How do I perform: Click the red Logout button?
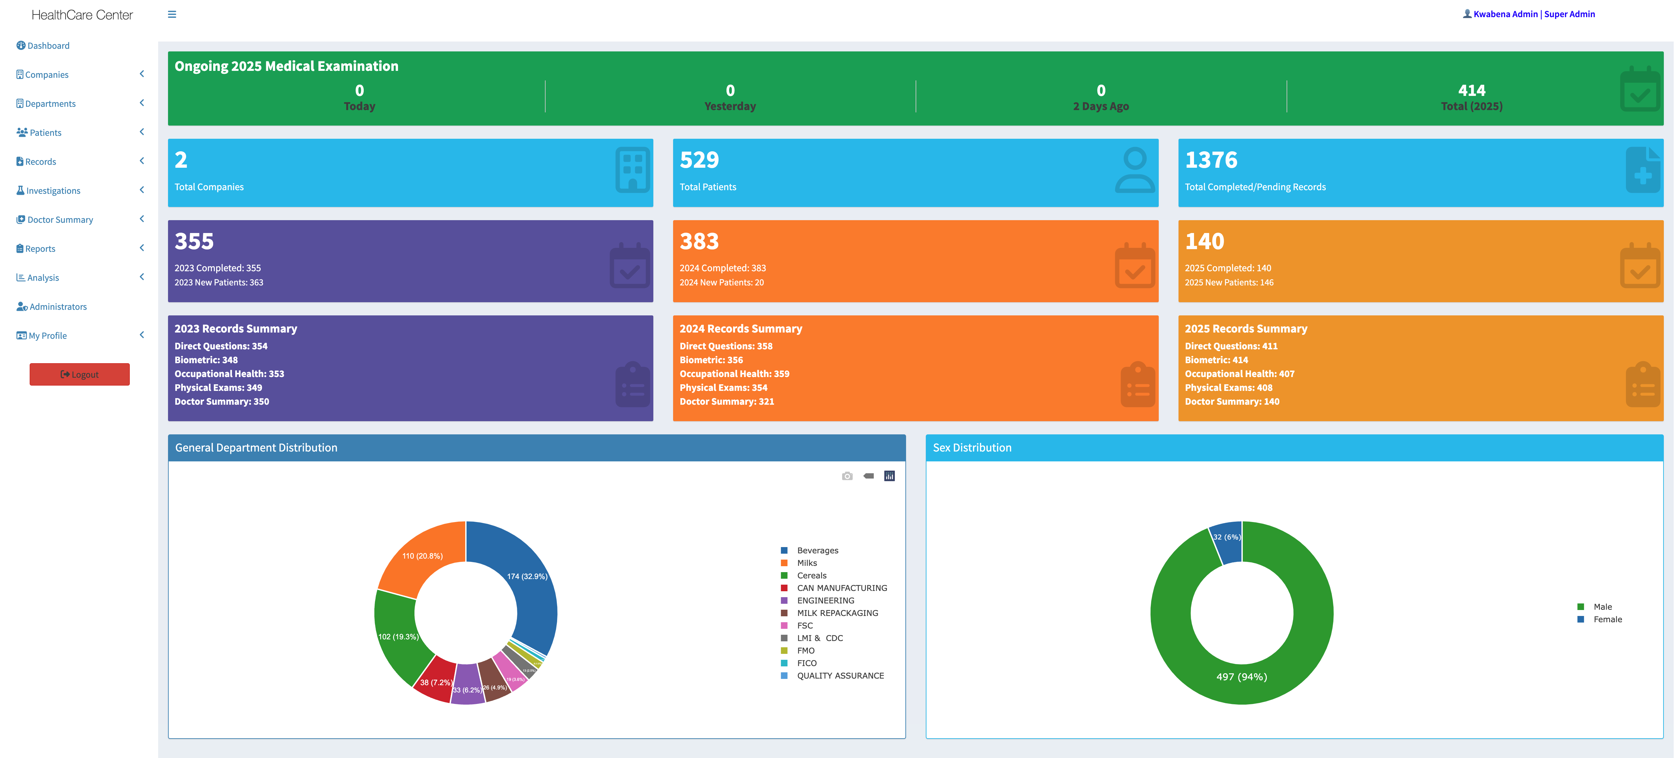(79, 374)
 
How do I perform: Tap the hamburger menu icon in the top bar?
(172, 14)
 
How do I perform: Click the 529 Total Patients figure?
(699, 160)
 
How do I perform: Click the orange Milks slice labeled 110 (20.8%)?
(422, 556)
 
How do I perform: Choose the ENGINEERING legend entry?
(825, 600)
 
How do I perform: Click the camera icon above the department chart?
(847, 476)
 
